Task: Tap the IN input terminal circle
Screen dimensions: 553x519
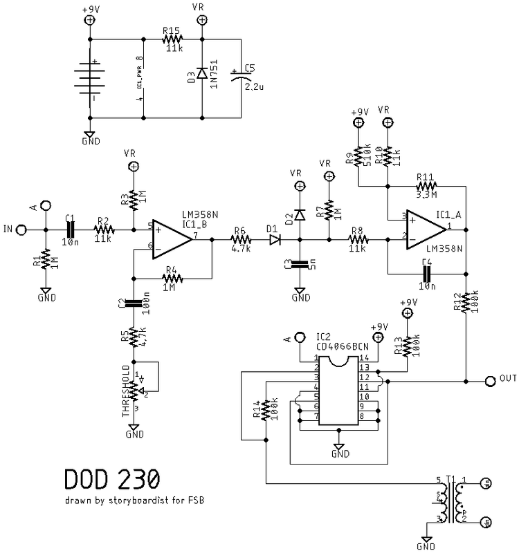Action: tap(21, 229)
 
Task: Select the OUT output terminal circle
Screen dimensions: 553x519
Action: tap(490, 379)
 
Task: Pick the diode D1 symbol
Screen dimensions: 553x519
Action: tap(275, 240)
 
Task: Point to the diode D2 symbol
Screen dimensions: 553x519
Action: tap(300, 215)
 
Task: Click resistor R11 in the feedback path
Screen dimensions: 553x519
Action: tap(425, 186)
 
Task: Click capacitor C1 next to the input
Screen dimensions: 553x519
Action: tap(69, 229)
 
